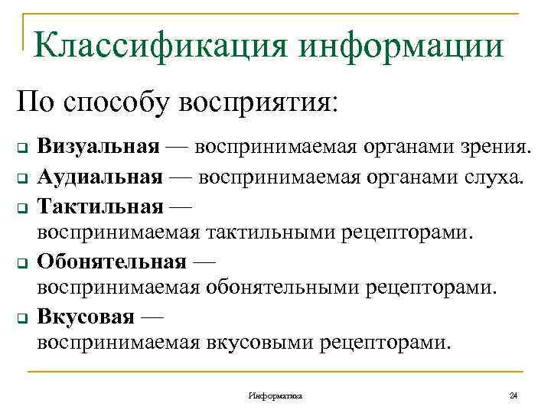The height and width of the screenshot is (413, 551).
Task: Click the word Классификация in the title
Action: (x=160, y=45)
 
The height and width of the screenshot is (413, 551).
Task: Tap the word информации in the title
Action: (x=403, y=45)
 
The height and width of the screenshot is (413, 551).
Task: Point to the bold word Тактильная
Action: (x=100, y=206)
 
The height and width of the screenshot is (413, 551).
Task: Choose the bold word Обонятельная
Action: (x=112, y=262)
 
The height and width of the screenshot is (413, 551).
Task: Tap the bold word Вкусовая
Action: (x=86, y=317)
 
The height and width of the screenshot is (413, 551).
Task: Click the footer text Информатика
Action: (x=275, y=395)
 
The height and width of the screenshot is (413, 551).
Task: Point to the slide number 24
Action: (x=513, y=395)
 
